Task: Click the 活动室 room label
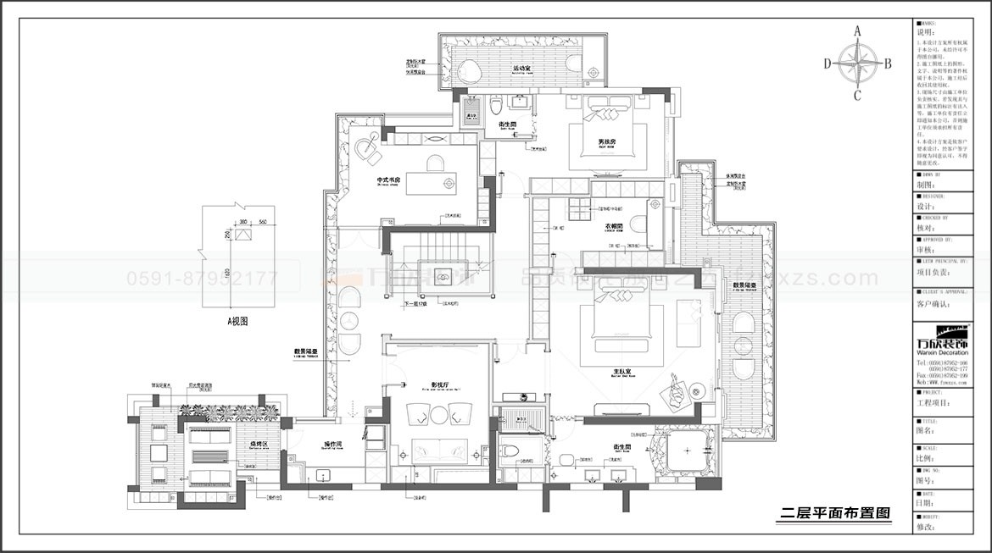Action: tap(521, 68)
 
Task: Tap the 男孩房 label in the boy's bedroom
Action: tap(606, 141)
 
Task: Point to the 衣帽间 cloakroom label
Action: tap(615, 226)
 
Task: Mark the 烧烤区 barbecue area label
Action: tap(259, 444)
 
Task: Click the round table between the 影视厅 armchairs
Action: tap(439, 414)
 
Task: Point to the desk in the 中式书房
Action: tap(431, 183)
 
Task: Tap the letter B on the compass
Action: tap(888, 63)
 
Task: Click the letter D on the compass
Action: tap(827, 63)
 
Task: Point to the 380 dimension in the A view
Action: tap(243, 223)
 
